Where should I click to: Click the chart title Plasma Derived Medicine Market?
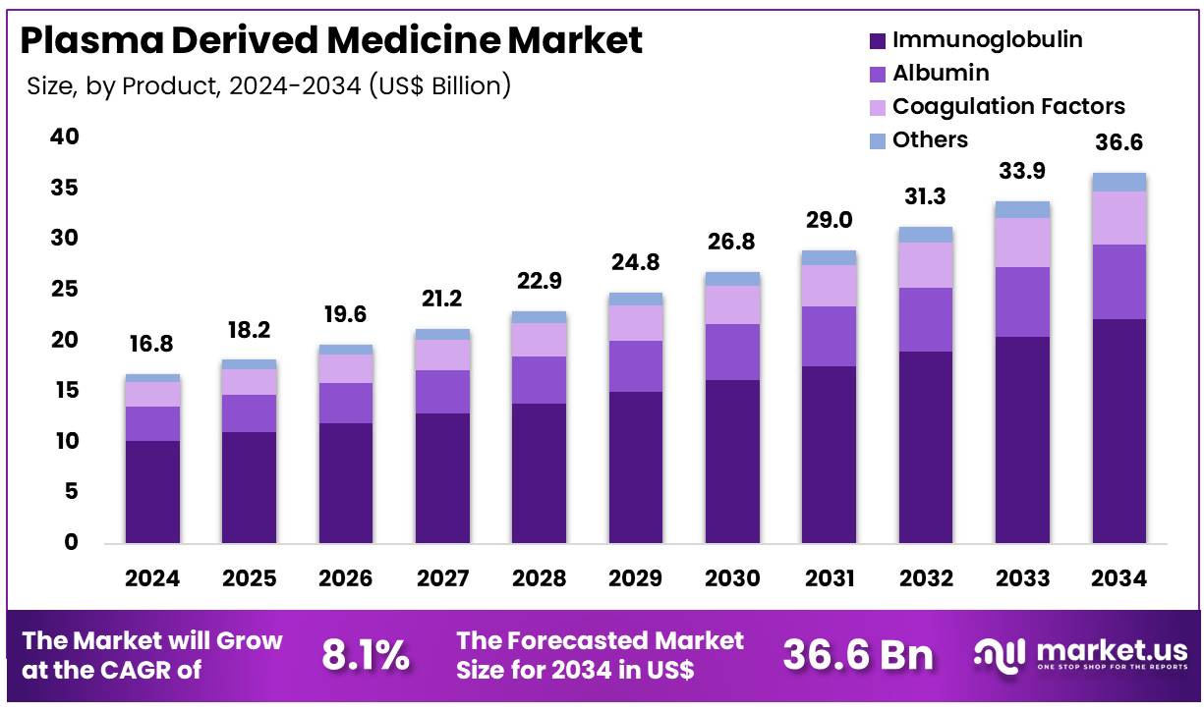(x=331, y=40)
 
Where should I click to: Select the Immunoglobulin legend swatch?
(x=878, y=41)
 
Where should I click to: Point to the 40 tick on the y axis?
(x=65, y=137)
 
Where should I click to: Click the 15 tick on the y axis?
(x=65, y=391)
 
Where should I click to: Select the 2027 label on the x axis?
(x=441, y=577)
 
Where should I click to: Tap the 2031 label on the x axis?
(x=829, y=577)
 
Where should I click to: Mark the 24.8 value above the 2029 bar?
(x=636, y=262)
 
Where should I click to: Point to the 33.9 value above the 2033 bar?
(x=1022, y=171)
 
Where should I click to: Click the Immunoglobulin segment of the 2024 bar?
(x=152, y=491)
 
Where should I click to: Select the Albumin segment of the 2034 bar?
(x=1118, y=282)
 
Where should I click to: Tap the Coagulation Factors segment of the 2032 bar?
(x=925, y=264)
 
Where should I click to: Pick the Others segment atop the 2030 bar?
(x=732, y=279)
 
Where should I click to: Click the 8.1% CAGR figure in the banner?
(x=366, y=655)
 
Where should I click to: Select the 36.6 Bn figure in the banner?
(x=857, y=655)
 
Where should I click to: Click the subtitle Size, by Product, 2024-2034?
(x=268, y=85)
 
